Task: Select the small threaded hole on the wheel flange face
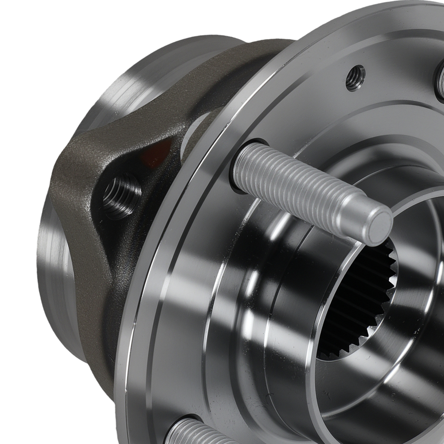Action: pyautogui.click(x=355, y=78)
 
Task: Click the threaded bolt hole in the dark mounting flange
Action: pyautogui.click(x=121, y=195)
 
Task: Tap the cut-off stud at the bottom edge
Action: pyautogui.click(x=195, y=433)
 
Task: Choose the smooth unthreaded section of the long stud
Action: pyautogui.click(x=351, y=213)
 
